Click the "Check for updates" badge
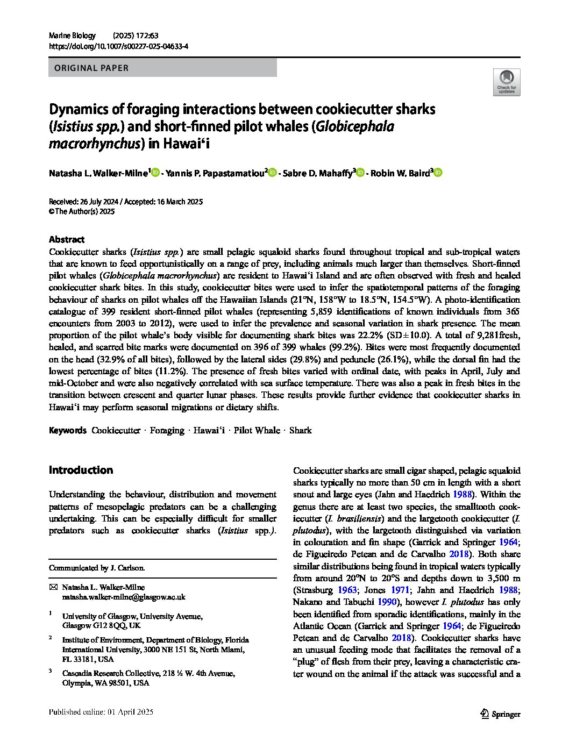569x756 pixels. (x=506, y=82)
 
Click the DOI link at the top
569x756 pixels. (x=118, y=46)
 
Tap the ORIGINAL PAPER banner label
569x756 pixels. (x=89, y=68)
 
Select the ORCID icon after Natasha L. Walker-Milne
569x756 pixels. (x=155, y=173)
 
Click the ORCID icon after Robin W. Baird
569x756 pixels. (x=438, y=173)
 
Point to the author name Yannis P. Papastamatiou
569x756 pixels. (x=214, y=173)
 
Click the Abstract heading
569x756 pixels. (x=67, y=240)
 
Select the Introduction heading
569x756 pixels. (x=81, y=470)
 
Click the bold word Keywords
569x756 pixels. (x=67, y=430)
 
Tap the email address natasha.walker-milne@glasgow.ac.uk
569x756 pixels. (x=124, y=597)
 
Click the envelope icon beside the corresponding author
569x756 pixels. (x=53, y=587)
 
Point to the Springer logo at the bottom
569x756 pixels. (x=500, y=714)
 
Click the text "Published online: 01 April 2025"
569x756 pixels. (x=101, y=712)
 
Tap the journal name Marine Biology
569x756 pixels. (x=72, y=35)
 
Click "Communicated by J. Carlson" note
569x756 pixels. (x=97, y=568)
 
